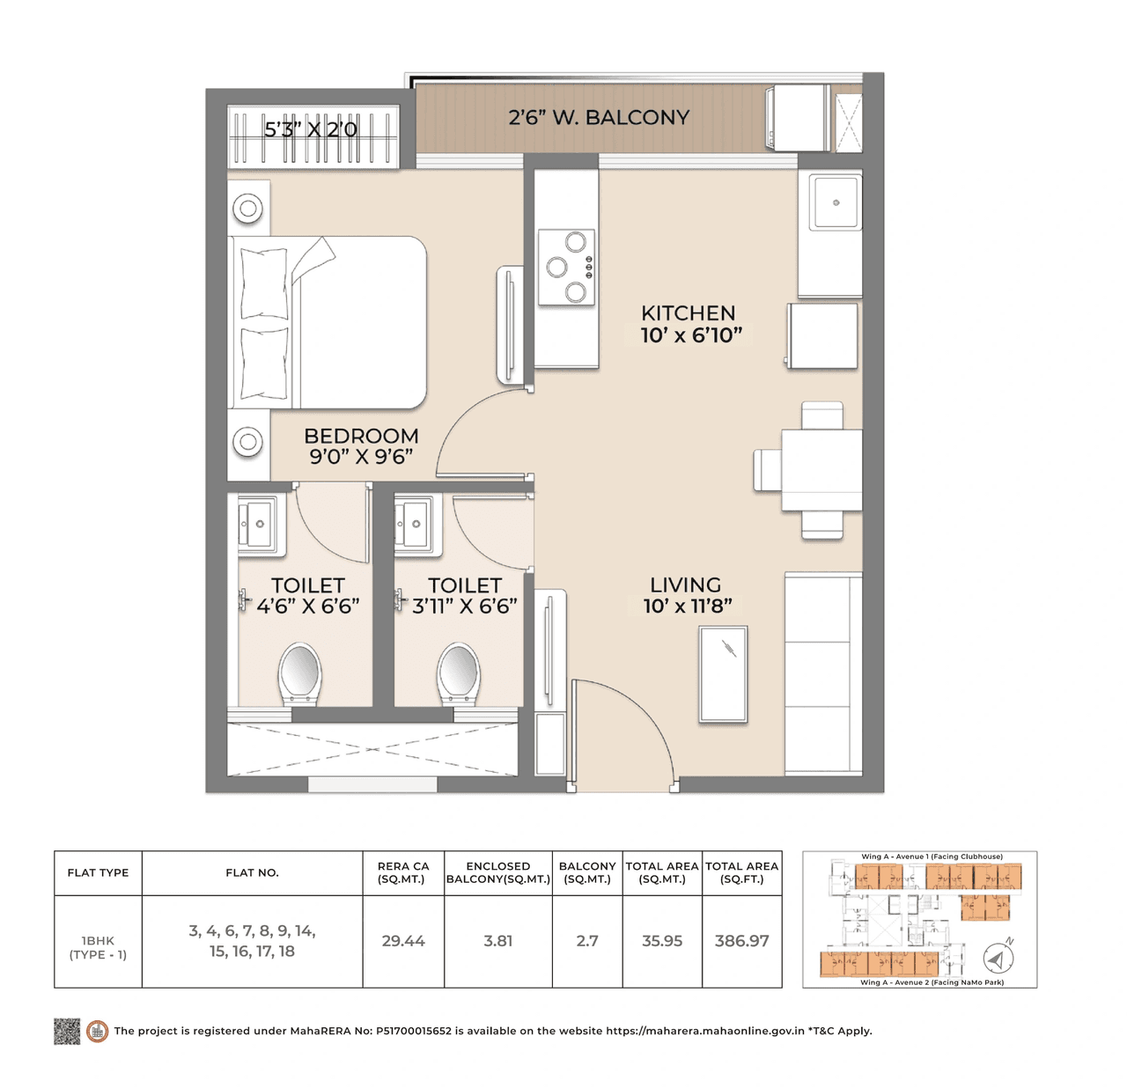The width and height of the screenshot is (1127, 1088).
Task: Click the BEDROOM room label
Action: (x=361, y=436)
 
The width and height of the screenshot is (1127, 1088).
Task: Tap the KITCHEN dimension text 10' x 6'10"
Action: (x=691, y=335)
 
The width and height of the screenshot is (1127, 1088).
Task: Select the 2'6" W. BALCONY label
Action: (x=599, y=117)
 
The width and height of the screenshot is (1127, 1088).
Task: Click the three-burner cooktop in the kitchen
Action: (x=566, y=268)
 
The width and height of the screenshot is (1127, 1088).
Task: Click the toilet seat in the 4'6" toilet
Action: (x=299, y=673)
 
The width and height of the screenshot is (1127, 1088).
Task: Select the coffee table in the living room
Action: (x=723, y=674)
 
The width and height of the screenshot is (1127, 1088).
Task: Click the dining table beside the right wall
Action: (x=821, y=469)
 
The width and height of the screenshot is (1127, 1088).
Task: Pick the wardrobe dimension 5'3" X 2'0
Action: (x=311, y=129)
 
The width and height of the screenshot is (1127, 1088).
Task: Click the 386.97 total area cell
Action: (x=741, y=941)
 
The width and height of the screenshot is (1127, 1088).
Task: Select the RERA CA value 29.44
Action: (x=403, y=941)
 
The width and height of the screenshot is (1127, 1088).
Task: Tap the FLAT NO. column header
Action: (x=252, y=872)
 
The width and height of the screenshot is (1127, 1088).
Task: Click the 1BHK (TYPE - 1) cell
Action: (x=98, y=947)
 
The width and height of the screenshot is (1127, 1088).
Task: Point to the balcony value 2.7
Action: (x=587, y=941)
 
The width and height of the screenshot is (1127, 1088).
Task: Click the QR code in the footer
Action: (x=67, y=1031)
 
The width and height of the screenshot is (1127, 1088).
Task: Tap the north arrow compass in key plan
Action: (x=997, y=958)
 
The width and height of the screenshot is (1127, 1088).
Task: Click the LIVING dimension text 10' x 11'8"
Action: (x=687, y=606)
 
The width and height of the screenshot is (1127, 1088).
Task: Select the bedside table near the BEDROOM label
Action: (x=248, y=442)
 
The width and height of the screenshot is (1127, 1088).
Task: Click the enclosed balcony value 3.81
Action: (x=497, y=941)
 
